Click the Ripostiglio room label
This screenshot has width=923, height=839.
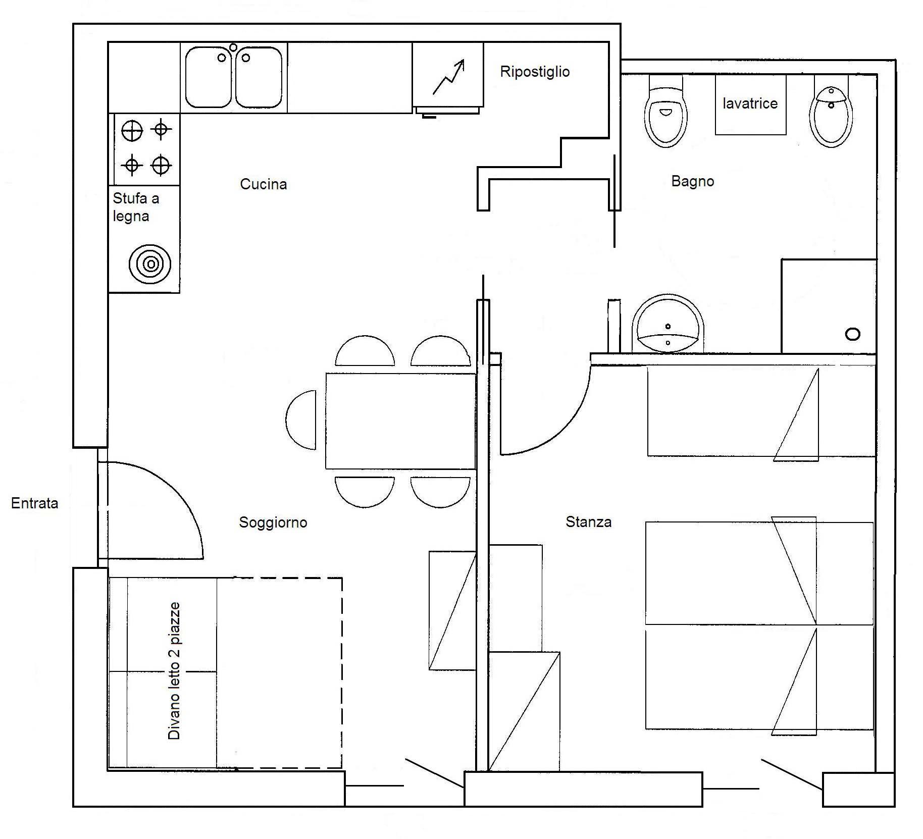[x=535, y=72]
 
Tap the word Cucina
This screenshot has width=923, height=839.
[x=263, y=184]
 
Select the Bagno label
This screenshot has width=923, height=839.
[x=692, y=181]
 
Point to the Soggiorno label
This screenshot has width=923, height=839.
[x=273, y=522]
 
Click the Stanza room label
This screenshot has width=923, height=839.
[x=588, y=521]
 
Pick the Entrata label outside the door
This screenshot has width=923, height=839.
[x=34, y=503]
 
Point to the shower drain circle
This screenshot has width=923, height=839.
[x=852, y=334]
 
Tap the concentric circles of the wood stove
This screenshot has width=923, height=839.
[x=150, y=264]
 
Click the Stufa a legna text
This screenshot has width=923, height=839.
[x=135, y=207]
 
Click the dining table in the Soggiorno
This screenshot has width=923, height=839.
[x=400, y=421]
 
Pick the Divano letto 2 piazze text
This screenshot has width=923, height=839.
[x=174, y=671]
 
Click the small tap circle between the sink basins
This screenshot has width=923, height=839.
[x=233, y=47]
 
